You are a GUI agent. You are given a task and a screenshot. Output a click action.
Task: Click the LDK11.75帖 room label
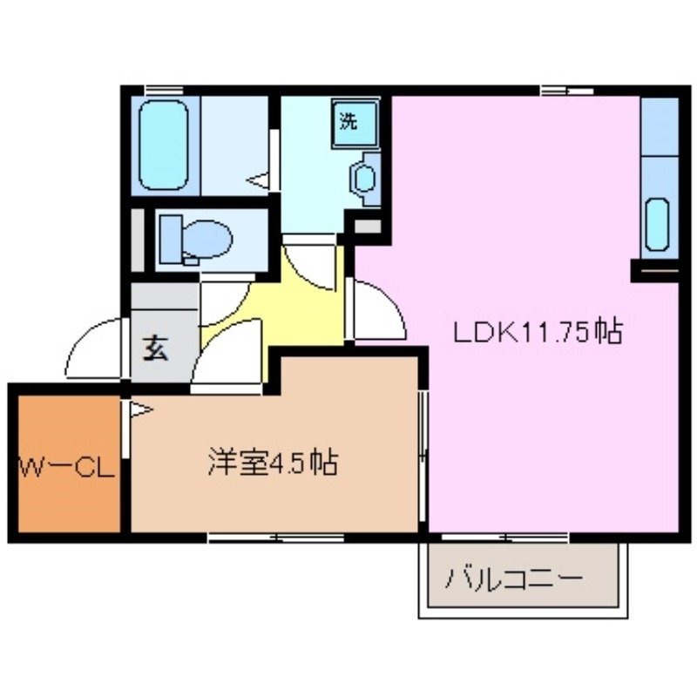(x=536, y=331)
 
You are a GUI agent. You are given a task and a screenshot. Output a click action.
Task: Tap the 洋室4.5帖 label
(x=272, y=462)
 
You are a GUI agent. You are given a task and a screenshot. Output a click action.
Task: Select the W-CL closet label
(x=66, y=469)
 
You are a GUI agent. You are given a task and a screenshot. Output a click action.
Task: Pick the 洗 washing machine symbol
(x=349, y=122)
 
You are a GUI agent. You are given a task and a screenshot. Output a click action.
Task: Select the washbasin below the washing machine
(x=364, y=179)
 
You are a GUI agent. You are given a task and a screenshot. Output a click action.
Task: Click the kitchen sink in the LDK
(x=658, y=224)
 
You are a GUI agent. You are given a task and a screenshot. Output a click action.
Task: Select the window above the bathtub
(x=163, y=90)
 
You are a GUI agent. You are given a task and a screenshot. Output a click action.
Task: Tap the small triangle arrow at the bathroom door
(x=260, y=180)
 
